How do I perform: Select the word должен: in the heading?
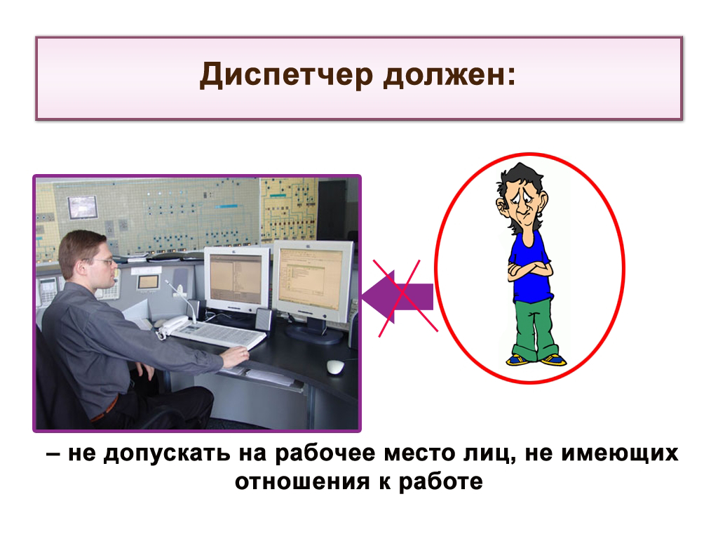(x=449, y=74)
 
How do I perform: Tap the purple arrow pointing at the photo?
(x=398, y=297)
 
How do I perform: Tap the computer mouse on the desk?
(x=335, y=366)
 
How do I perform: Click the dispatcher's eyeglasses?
(x=102, y=262)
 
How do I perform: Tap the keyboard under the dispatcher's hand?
(x=218, y=333)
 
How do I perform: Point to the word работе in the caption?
(x=440, y=481)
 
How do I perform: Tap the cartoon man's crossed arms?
(x=529, y=269)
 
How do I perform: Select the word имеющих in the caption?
(x=620, y=453)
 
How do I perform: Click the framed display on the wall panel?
(x=83, y=207)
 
